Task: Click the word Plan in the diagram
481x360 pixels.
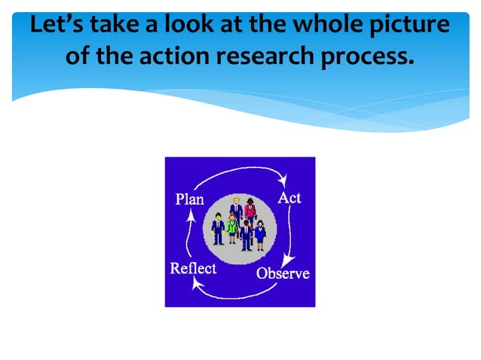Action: coord(188,200)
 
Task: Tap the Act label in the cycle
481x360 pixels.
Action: coord(290,197)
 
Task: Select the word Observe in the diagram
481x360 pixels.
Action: coord(283,273)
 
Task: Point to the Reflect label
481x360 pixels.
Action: coord(193,269)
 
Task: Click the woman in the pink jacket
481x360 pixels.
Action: coord(250,209)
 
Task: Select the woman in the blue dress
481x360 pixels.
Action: coord(260,231)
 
